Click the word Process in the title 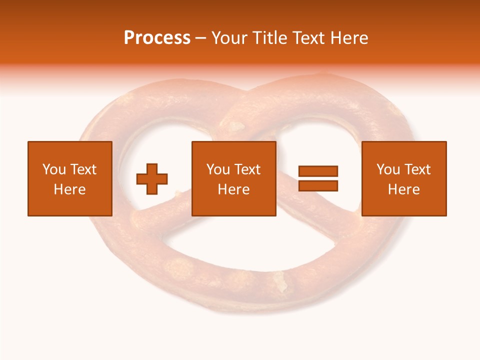point(157,38)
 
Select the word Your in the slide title point(230,38)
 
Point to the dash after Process point(201,38)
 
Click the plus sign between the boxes point(152,178)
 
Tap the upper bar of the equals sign point(318,171)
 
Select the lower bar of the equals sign point(318,185)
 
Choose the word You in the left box point(54,169)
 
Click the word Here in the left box point(69,189)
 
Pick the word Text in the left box point(82,169)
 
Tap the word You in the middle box point(218,169)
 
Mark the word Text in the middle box point(247,169)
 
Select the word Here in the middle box point(233,189)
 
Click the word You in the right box point(388,169)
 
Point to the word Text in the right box point(417,169)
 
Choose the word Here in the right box point(403,189)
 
